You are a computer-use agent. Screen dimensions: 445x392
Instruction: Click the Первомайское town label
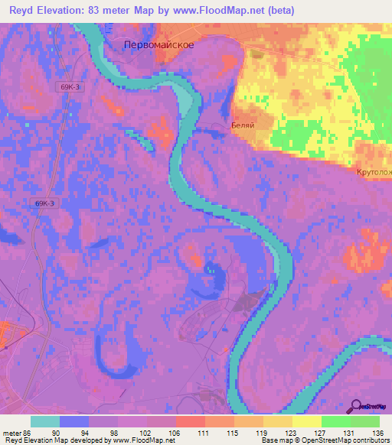tap(159, 45)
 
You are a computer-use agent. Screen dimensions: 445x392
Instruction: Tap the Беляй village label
tap(242, 124)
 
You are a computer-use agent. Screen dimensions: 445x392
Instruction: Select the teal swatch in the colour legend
tap(45, 421)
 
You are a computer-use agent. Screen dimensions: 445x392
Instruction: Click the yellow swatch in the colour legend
tap(306, 421)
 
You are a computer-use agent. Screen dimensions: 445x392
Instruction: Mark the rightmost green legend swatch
tap(364, 421)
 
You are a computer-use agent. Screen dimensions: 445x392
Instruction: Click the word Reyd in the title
tap(24, 9)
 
